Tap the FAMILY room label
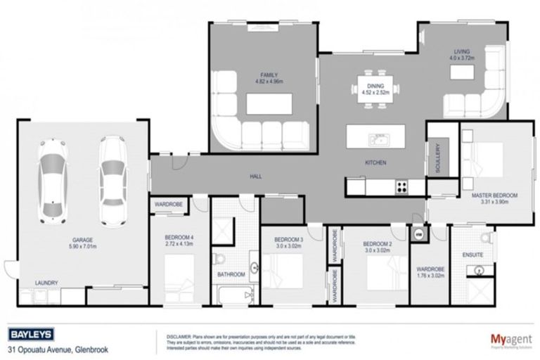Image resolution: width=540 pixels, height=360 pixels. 269,75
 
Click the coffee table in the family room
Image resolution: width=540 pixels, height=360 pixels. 269,103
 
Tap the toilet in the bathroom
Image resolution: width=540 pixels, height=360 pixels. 221,257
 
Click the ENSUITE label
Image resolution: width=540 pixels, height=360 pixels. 472,255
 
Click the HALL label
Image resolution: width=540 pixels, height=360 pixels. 255,176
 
